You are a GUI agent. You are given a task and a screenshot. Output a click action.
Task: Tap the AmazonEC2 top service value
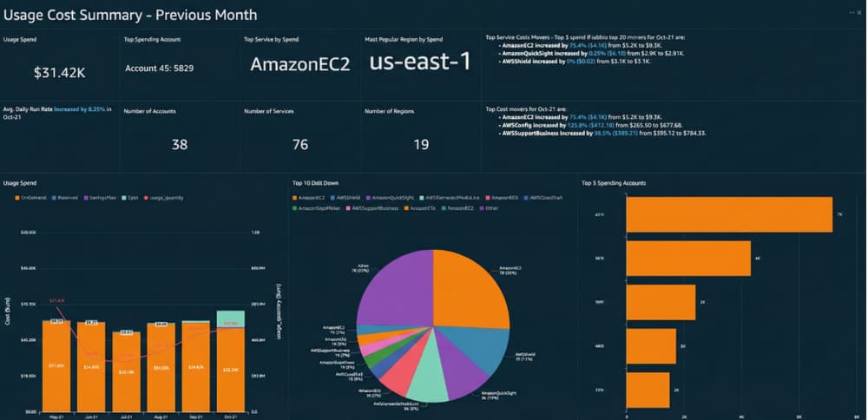tap(299, 64)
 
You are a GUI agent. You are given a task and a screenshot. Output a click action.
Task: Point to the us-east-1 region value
tap(420, 62)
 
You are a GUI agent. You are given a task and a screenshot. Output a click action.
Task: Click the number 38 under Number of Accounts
tap(180, 144)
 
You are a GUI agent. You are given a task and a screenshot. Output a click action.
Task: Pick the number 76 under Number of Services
tap(299, 144)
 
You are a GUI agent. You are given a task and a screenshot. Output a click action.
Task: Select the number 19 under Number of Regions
tap(420, 144)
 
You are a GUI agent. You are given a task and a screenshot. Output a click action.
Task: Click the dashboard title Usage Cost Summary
tap(130, 15)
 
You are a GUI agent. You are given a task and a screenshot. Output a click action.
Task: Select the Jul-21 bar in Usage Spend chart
tap(127, 371)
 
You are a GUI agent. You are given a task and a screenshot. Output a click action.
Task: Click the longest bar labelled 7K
tap(729, 214)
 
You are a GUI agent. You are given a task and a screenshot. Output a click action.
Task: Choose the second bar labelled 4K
tap(688, 258)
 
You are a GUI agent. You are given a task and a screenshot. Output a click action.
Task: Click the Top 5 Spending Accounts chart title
tap(618, 183)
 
